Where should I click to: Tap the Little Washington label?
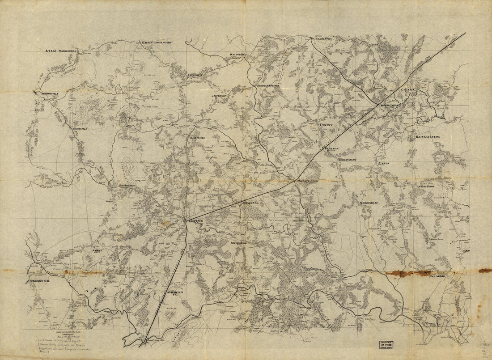pos(61,51)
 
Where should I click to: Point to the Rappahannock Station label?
pos(307,181)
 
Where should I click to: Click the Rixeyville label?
pos(197,138)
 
